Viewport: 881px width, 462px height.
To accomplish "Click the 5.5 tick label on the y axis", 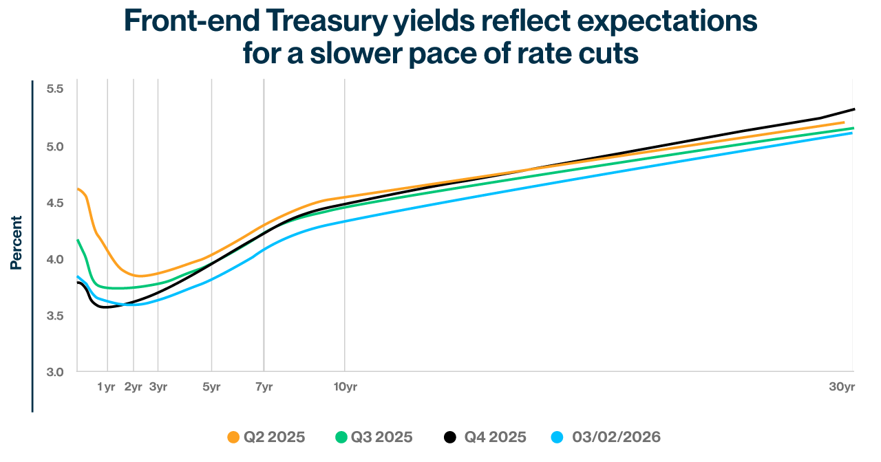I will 55,89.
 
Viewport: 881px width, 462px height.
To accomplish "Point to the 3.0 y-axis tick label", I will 55,372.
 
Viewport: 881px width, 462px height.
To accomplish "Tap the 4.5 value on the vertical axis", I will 55,203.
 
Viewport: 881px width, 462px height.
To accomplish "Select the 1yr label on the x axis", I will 106,387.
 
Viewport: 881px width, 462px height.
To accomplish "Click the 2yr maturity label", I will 133,387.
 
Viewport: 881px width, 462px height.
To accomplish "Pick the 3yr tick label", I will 158,387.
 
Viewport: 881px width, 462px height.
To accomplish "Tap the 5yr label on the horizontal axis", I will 211,387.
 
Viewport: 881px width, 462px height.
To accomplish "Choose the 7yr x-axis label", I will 264,387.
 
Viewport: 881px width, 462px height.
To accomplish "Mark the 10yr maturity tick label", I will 345,387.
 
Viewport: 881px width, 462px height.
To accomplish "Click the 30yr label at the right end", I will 841,387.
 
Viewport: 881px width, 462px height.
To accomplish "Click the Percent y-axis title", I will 16,243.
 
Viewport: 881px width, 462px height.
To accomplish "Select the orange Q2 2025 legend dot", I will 233,437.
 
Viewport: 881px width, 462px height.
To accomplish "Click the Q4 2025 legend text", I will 495,437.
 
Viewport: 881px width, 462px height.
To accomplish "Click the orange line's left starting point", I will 78,188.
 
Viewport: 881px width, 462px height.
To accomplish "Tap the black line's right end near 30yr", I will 853,109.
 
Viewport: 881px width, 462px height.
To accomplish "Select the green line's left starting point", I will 78,240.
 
